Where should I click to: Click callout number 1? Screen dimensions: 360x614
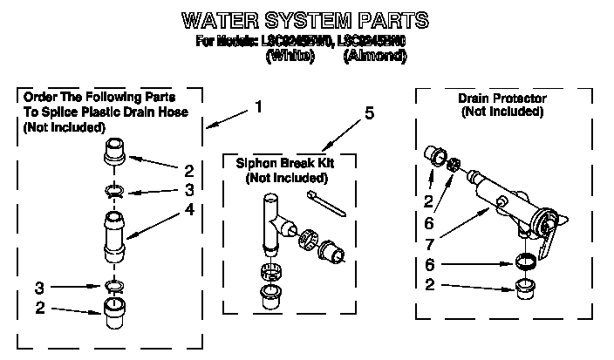click(258, 107)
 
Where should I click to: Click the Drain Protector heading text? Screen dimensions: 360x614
click(502, 98)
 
